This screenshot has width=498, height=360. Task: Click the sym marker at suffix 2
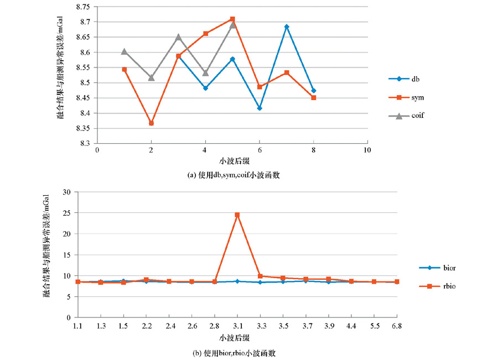coord(151,123)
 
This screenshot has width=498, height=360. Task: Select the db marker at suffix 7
coord(287,27)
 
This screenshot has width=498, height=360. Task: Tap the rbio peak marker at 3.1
coord(237,215)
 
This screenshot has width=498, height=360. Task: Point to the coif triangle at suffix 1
coord(124,51)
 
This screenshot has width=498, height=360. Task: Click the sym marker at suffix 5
coord(232,19)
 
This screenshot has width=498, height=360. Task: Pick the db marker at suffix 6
coord(260,108)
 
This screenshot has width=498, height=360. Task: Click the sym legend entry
coord(406,97)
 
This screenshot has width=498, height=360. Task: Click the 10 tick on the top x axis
coord(367,150)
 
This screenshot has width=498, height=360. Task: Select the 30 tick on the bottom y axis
coord(68,192)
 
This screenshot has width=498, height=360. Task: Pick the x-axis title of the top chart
coord(232,162)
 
